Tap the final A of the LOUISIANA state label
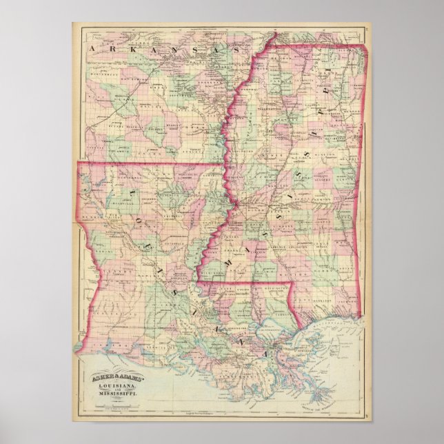[264, 352]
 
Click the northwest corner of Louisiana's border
[77, 163]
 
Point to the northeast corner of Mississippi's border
[366, 47]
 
